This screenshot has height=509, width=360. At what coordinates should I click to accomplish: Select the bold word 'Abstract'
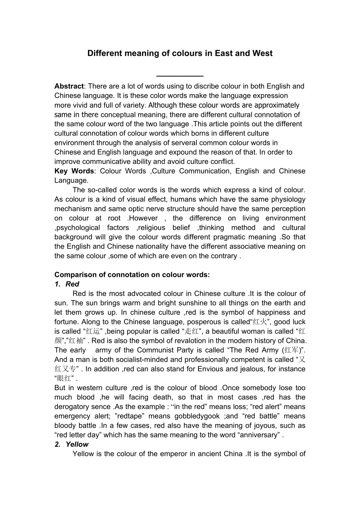coord(69,86)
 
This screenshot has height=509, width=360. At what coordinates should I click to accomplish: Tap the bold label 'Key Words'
coord(74,171)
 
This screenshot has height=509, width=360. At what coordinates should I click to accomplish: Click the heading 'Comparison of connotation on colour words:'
coord(132,274)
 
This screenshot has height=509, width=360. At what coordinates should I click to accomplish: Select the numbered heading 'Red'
coord(72,284)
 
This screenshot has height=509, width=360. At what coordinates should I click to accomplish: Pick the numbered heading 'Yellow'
coord(77,444)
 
